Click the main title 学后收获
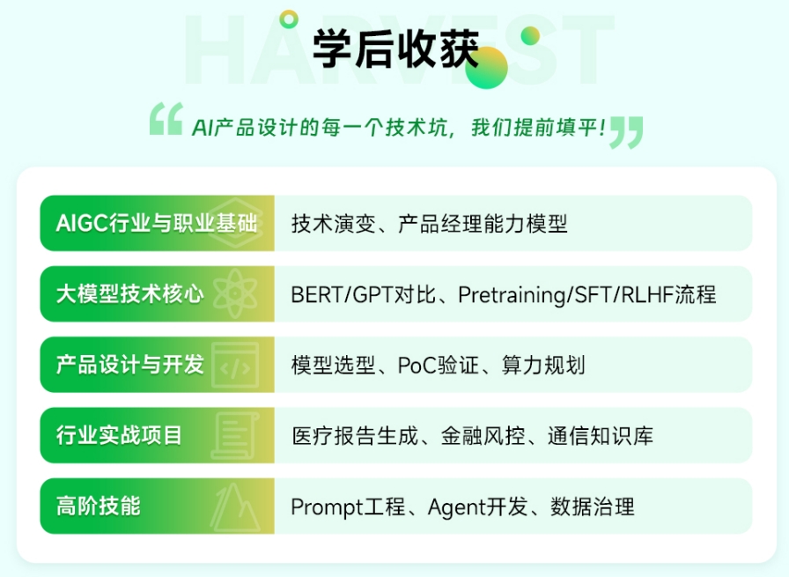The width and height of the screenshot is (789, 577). [x=395, y=48]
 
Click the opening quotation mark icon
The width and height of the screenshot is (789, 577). [x=166, y=119]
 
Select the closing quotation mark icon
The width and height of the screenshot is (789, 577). [x=626, y=132]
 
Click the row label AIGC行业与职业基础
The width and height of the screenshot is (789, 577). [x=157, y=223]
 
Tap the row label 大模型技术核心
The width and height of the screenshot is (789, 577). [x=129, y=293]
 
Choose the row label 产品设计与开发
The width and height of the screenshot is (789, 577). [x=129, y=364]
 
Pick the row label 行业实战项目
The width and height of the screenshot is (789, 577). [x=119, y=435]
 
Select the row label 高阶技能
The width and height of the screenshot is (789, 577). [x=98, y=506]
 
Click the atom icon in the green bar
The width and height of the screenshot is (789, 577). [x=235, y=293]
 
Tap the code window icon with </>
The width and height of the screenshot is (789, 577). [x=235, y=365]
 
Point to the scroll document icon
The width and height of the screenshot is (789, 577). [x=235, y=435]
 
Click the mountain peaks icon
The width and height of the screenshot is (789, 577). [x=235, y=507]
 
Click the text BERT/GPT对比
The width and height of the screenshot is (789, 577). [x=364, y=294]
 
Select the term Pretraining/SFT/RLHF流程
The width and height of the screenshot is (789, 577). [x=587, y=294]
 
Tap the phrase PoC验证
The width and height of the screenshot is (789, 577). [x=439, y=365]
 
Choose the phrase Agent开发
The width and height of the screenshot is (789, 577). [x=478, y=507]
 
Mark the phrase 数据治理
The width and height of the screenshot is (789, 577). [x=593, y=507]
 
